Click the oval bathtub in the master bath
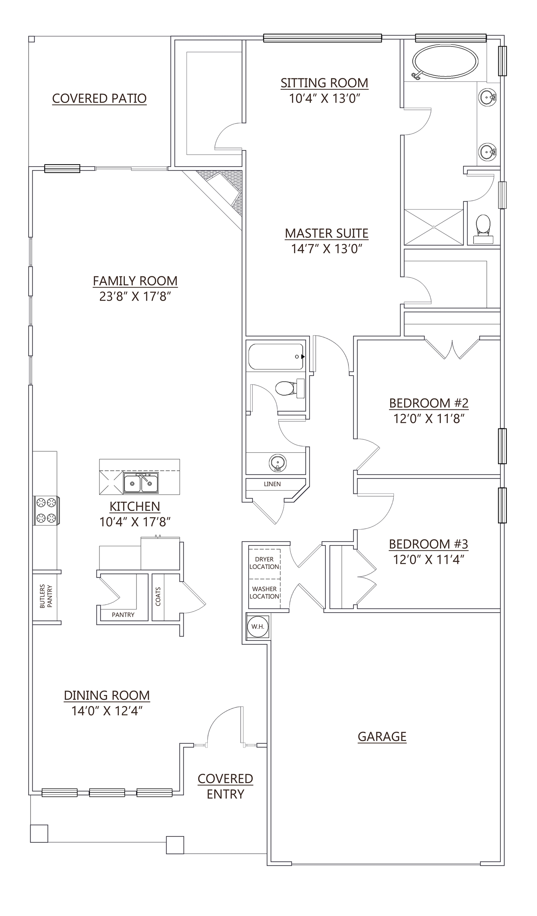coord(445,62)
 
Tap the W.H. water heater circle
coord(257,627)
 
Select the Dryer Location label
coord(264,563)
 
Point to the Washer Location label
coord(264,592)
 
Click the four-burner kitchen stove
coord(46,510)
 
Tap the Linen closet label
coord(272,484)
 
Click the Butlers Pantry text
coord(46,596)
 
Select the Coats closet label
coord(158,596)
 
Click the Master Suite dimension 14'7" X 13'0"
coord(327,249)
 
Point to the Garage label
coord(382,737)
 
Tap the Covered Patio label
coord(99,98)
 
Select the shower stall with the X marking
coord(434,227)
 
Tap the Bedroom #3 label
coord(428,543)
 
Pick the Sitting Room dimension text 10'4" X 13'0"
coord(324,98)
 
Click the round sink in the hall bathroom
coord(278,463)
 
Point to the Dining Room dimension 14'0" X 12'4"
coord(107,711)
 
